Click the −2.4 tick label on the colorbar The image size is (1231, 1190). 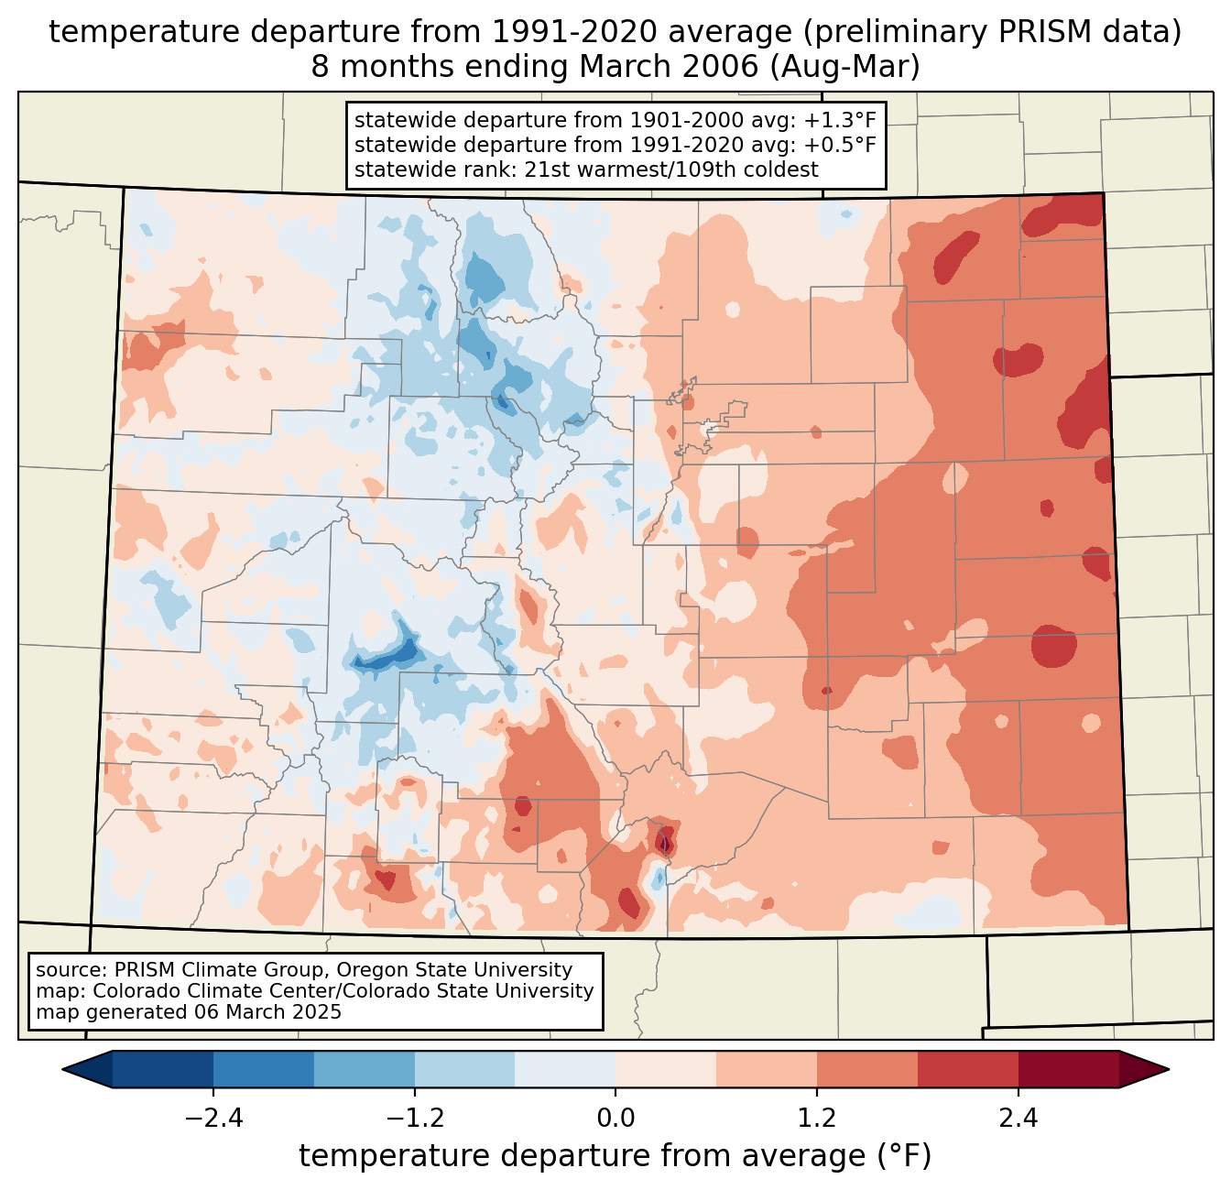point(213,1119)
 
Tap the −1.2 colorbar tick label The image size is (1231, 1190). point(415,1119)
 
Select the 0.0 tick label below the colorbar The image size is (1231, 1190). point(615,1119)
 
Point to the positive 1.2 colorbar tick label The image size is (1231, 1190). point(817,1119)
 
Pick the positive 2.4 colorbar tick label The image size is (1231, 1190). point(1018,1119)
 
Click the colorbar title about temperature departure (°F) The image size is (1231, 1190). point(615,1156)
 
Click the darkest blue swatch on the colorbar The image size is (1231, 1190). point(163,1069)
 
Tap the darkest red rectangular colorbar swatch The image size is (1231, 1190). point(1068,1069)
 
